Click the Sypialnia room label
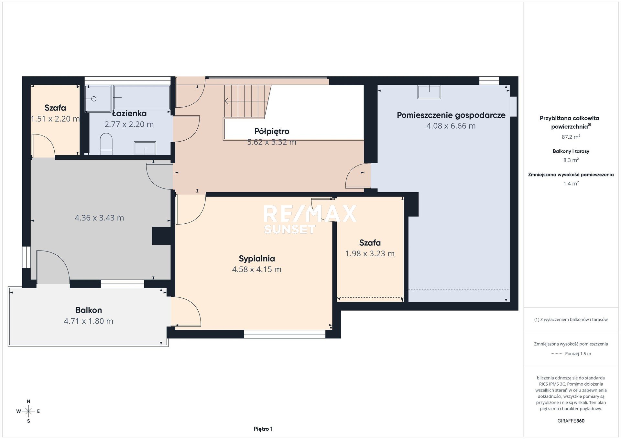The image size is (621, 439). pos(257,259)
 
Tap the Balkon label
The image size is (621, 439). pos(89,310)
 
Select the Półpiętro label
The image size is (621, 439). pos(272,131)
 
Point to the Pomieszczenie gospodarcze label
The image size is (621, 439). pos(451,115)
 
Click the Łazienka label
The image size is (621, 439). pos(129,113)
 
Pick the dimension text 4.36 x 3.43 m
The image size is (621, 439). pos(99,218)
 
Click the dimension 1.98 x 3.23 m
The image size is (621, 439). pos(370,253)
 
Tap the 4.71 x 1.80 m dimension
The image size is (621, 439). pos(89,321)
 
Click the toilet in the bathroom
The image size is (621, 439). pos(106,144)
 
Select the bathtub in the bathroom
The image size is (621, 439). pos(142,97)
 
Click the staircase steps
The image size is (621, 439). pos(247,101)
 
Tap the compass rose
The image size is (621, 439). pos(28,411)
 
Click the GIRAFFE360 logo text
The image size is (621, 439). pos(571,421)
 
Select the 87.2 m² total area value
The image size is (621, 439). pos(571,137)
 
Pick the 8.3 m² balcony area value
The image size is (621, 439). pos(571,160)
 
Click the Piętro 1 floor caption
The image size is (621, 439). pos(263,429)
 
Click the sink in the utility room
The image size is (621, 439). pos(429,92)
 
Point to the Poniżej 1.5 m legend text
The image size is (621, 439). pos(578,354)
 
